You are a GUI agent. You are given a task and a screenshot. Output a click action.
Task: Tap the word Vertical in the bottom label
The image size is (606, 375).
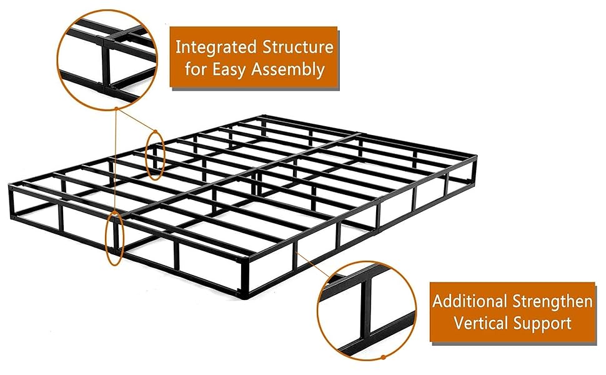click(x=479, y=323)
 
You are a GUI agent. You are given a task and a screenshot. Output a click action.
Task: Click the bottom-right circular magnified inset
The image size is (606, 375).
click(x=366, y=310)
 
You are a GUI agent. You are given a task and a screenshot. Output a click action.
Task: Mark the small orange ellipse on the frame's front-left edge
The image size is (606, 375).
click(x=115, y=238)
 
